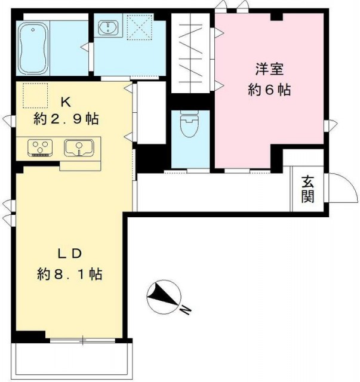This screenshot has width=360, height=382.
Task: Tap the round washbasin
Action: click(109, 27)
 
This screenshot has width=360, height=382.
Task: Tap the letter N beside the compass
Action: click(186, 309)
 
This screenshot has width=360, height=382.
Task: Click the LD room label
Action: click(69, 254)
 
